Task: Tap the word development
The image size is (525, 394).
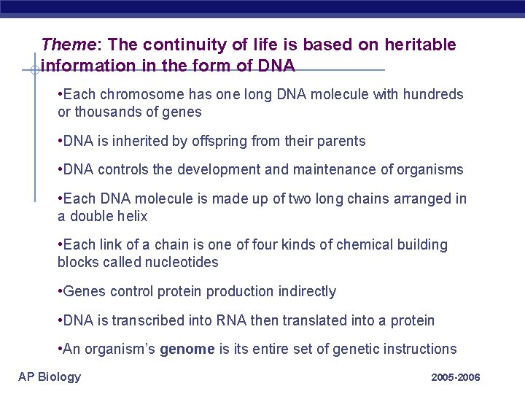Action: coord(209,169)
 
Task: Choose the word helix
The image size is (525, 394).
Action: coord(131,217)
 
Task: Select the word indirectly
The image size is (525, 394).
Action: coord(306,292)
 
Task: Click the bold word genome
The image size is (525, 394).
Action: coord(187,349)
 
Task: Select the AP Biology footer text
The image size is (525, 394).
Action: coord(50,376)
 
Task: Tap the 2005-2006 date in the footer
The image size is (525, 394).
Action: coord(455,378)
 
